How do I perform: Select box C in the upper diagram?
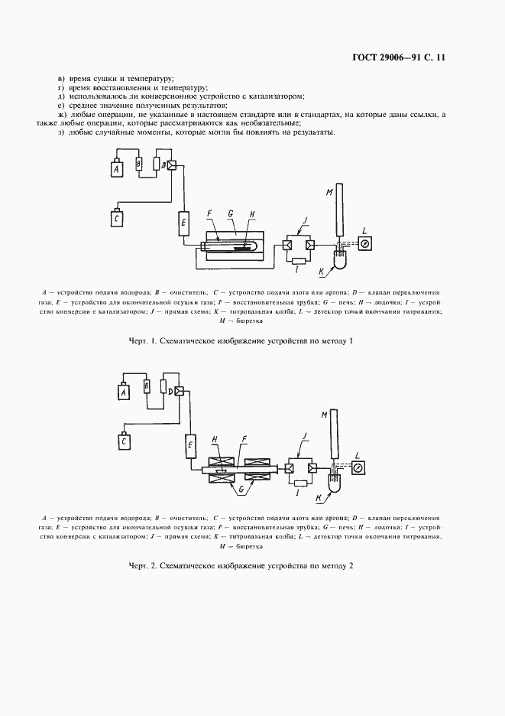point(117,220)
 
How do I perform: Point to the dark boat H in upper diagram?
point(244,247)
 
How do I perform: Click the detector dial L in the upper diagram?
point(364,244)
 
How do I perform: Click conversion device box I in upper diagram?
point(298,262)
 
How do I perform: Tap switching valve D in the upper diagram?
point(170,164)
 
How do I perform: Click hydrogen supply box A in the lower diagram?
point(121,392)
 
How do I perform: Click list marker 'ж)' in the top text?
point(62,114)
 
